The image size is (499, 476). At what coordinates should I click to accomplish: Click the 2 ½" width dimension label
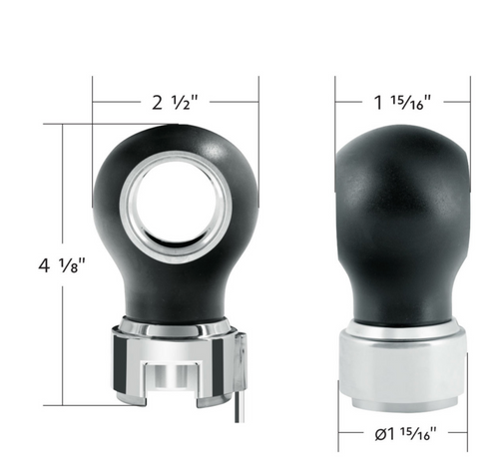coord(175,102)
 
